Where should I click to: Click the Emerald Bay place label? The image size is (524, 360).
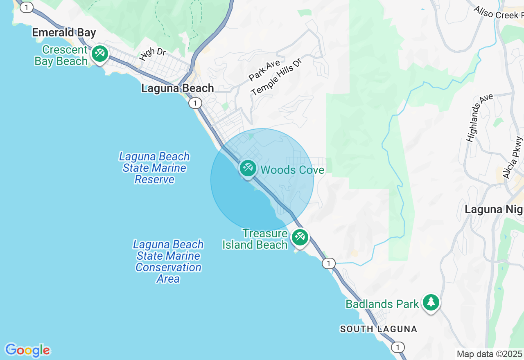[64, 33]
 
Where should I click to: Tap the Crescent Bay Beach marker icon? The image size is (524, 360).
[99, 54]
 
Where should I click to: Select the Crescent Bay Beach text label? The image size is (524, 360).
[61, 56]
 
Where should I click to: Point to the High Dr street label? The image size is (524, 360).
[152, 54]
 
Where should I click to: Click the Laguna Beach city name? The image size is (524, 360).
[177, 88]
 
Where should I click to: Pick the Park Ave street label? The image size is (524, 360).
[264, 70]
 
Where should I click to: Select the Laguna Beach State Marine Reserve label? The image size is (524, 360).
[154, 168]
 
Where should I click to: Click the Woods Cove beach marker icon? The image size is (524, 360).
[248, 168]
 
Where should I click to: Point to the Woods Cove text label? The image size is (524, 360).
[292, 170]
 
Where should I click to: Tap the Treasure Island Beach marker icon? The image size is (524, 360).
[300, 237]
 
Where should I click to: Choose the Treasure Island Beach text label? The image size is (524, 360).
[255, 239]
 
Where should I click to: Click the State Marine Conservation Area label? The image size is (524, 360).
[168, 262]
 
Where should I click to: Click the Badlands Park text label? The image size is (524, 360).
[382, 304]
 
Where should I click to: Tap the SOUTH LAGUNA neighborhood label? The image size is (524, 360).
[378, 329]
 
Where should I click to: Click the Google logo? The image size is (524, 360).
[27, 351]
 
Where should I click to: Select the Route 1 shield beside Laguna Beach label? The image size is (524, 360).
[195, 103]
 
